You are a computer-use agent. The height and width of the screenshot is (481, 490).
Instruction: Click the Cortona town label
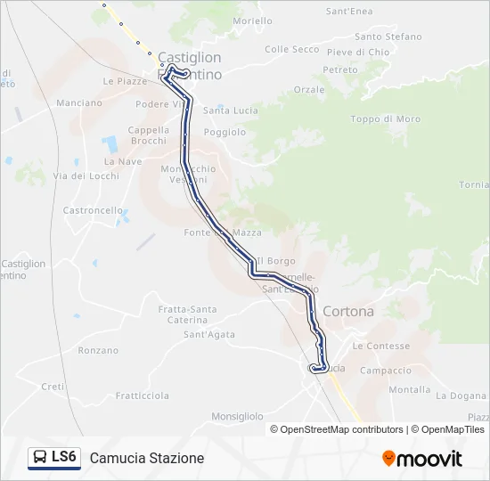tap(348, 312)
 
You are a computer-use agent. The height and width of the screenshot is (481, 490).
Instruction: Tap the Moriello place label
tap(252, 20)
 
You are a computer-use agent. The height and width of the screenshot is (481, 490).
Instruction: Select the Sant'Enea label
tap(349, 12)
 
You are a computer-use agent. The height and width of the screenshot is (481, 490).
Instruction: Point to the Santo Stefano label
tap(388, 37)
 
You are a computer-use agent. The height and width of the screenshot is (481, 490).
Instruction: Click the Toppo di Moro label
tap(385, 118)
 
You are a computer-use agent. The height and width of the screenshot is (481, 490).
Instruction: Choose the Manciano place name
tap(79, 103)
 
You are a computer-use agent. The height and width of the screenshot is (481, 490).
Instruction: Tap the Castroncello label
tap(93, 211)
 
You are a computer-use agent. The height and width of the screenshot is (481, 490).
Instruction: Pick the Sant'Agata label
tap(209, 335)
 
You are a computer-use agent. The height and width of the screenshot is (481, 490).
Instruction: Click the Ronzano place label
tap(98, 351)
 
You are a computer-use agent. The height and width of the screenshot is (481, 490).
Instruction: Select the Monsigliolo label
tap(237, 416)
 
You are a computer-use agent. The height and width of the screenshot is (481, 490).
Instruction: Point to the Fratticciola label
tap(143, 395)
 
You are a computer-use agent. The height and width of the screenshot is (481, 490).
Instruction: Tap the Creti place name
tap(53, 387)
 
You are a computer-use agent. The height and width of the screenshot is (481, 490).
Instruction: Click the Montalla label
tap(410, 389)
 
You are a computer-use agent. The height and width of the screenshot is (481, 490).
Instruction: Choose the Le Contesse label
tap(381, 346)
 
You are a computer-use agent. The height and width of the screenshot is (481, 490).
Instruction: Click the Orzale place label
tap(309, 90)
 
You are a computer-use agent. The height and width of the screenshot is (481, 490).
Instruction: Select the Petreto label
tap(340, 69)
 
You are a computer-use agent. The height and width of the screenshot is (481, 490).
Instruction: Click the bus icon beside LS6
tap(40, 458)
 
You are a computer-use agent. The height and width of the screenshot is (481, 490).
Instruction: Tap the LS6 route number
tap(65, 457)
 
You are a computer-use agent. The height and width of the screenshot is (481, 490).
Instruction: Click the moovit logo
tap(422, 459)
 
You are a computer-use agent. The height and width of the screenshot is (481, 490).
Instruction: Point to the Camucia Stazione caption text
tap(147, 458)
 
